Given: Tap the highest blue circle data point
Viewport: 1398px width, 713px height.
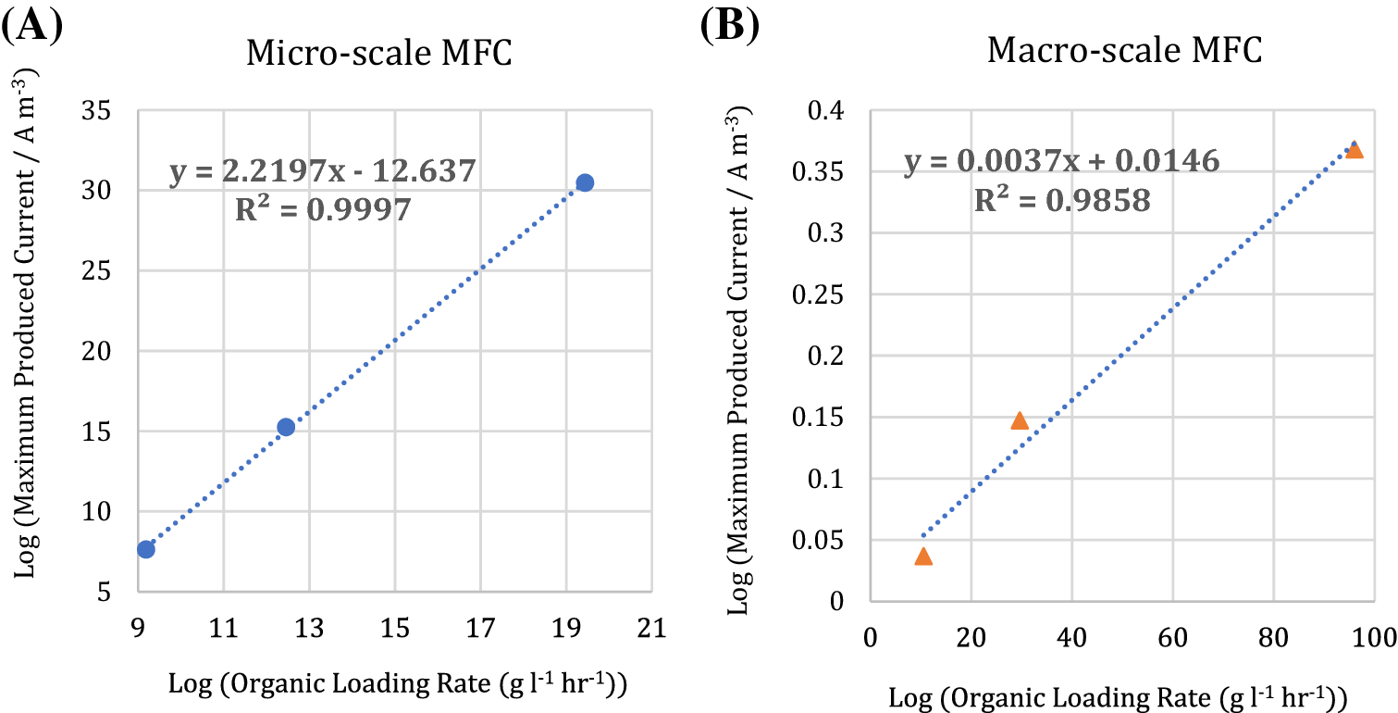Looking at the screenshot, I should pos(585,182).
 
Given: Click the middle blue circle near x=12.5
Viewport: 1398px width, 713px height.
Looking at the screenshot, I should pos(286,427).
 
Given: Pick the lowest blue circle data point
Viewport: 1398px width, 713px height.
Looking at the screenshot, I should pos(146,549).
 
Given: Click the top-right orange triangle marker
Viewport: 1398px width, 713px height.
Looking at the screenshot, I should pos(1355,149).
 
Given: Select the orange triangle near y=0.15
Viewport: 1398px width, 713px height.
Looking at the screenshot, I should pos(1020,420).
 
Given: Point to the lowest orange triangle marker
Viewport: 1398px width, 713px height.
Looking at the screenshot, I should pos(923,556).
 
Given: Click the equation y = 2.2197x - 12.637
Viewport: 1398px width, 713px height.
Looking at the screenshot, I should pos(322,172).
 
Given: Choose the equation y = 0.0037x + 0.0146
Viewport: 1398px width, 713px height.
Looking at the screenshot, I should pos(1061,162).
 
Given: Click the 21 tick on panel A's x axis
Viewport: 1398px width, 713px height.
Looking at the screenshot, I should pos(652,629).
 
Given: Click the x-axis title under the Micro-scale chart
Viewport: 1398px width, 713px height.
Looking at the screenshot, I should pos(398,685).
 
